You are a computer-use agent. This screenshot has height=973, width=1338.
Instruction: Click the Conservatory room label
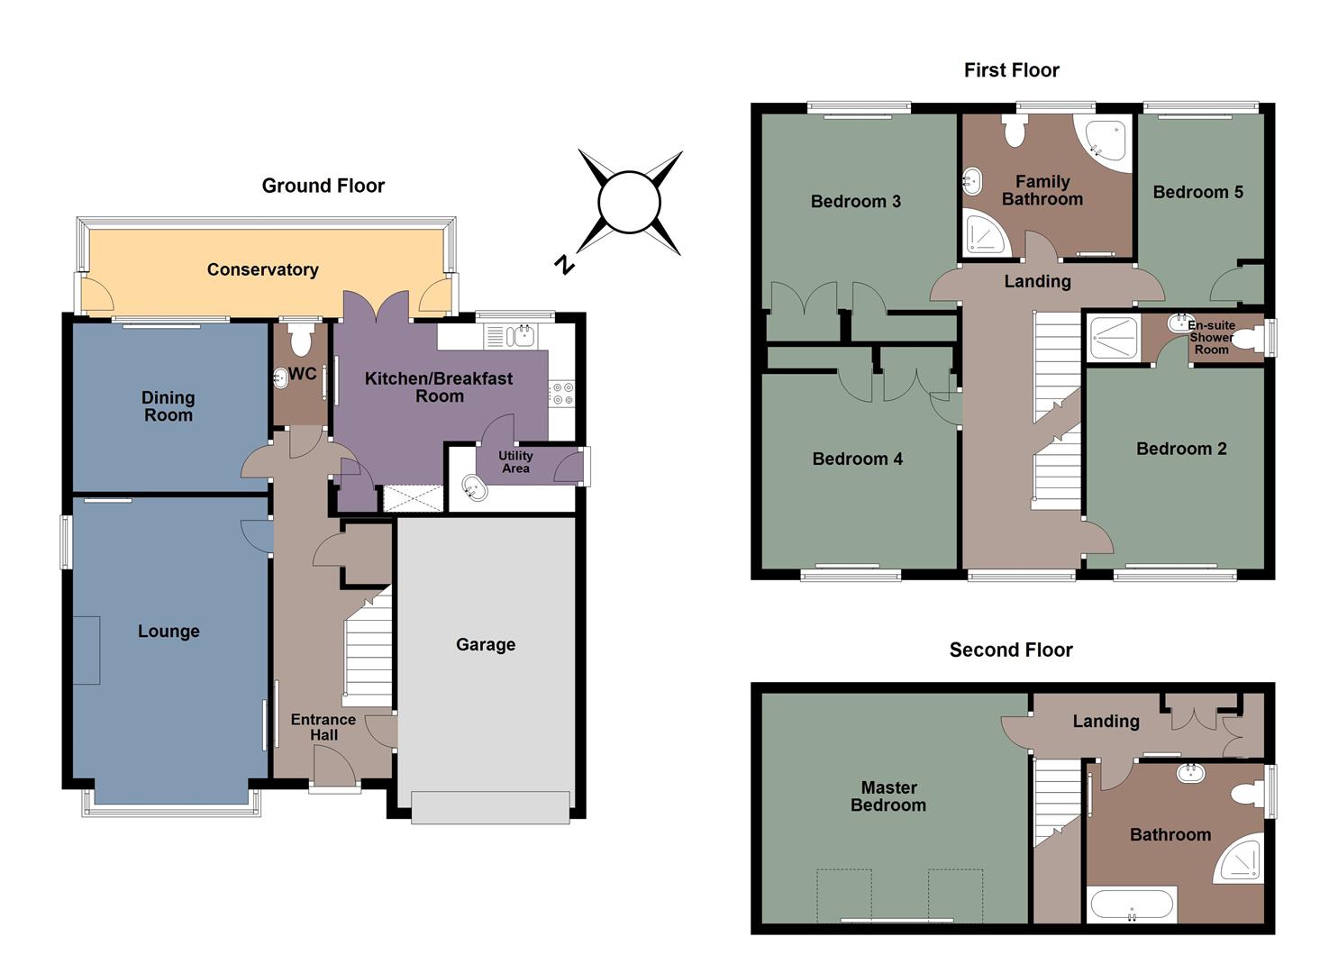click(x=262, y=269)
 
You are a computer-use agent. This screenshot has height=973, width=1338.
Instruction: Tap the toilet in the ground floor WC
click(x=299, y=340)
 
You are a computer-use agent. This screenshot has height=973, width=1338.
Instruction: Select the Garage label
click(x=486, y=644)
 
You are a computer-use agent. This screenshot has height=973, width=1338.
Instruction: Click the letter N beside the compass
click(x=564, y=264)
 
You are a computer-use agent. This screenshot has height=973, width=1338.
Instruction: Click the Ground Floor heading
click(x=323, y=186)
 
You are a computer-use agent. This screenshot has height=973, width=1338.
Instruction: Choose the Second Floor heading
click(x=1010, y=650)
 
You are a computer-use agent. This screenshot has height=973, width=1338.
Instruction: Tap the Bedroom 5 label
click(x=1197, y=192)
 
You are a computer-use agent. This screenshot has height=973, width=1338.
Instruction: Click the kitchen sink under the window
click(x=521, y=337)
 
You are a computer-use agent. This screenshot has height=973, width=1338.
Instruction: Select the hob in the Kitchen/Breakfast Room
click(x=562, y=393)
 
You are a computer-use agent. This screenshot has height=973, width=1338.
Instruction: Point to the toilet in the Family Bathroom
click(x=1015, y=132)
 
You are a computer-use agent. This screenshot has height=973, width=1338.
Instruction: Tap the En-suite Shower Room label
click(x=1211, y=337)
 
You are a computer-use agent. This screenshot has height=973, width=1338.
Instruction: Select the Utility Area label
click(x=515, y=462)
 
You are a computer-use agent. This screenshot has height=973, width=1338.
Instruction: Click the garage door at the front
click(x=490, y=807)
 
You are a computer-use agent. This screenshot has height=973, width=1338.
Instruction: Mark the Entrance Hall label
click(x=323, y=727)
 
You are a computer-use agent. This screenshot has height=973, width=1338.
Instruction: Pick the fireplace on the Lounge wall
click(x=86, y=650)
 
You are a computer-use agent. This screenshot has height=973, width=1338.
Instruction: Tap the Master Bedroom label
click(x=888, y=796)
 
